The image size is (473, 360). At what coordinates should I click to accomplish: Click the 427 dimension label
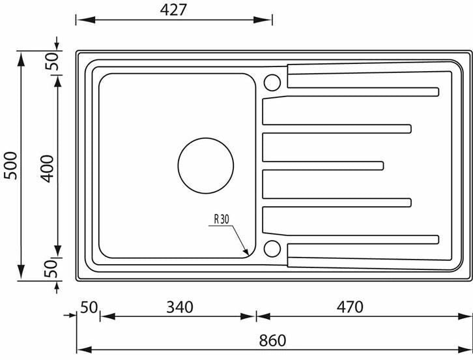pyautogui.click(x=173, y=10)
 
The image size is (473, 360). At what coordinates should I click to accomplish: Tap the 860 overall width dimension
pyautogui.click(x=272, y=340)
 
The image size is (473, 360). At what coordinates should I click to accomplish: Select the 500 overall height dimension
pyautogui.click(x=11, y=166)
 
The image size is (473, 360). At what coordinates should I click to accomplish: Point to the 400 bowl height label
pyautogui.click(x=48, y=168)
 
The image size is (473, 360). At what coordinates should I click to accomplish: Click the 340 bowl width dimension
pyautogui.click(x=180, y=307)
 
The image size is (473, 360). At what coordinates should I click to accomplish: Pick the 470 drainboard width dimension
pyautogui.click(x=350, y=307)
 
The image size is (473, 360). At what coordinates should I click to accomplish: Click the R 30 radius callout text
pyautogui.click(x=222, y=219)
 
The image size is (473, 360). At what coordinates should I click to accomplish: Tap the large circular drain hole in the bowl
pyautogui.click(x=206, y=166)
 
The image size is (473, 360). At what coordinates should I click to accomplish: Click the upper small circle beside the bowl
pyautogui.click(x=272, y=82)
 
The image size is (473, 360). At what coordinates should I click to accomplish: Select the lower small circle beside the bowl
pyautogui.click(x=272, y=248)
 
